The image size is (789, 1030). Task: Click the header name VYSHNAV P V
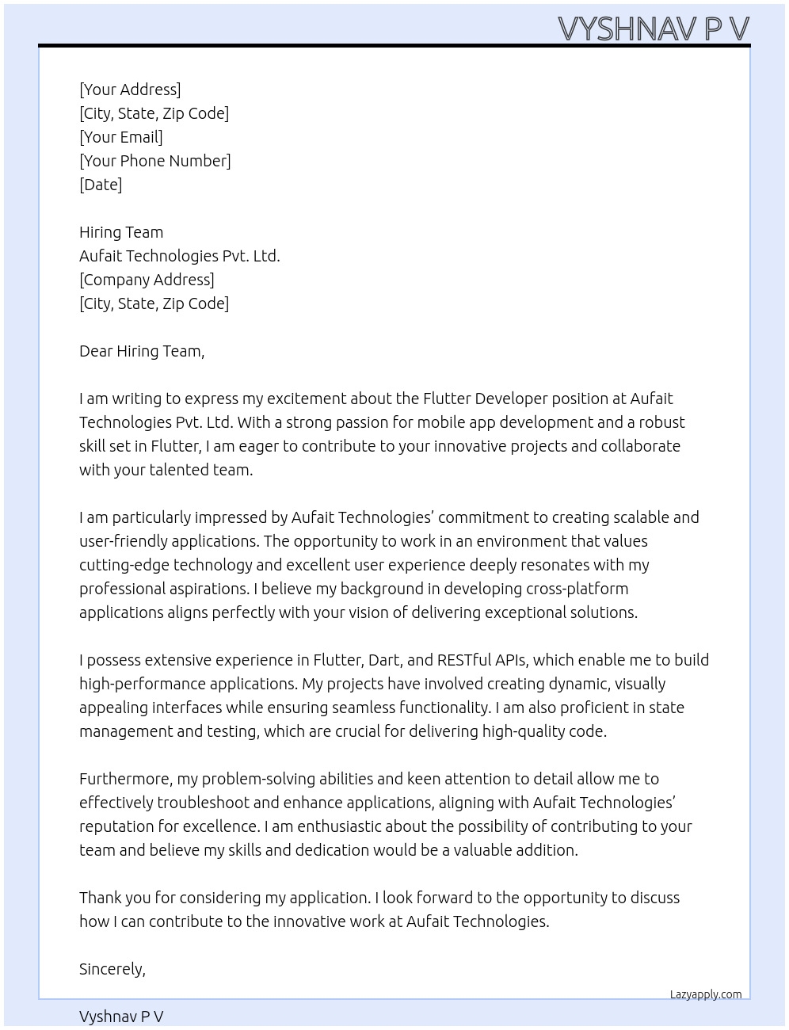(654, 29)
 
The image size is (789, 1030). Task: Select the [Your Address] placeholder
(130, 90)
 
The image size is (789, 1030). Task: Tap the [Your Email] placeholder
(121, 137)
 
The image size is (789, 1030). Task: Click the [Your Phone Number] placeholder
(155, 161)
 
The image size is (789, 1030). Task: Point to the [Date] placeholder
(101, 185)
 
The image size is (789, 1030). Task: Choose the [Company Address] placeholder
(147, 280)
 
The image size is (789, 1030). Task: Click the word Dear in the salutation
(96, 351)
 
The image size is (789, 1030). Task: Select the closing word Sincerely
(112, 969)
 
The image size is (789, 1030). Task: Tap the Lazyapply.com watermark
(706, 994)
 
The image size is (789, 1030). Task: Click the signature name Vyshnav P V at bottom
(121, 1017)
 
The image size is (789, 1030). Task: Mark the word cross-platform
(577, 589)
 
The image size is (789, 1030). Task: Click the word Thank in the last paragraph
(99, 898)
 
